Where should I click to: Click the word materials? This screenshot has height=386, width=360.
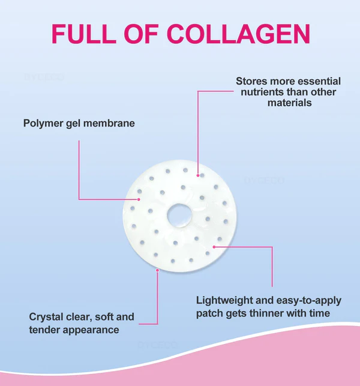click(290, 103)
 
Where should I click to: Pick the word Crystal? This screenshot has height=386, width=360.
click(46, 316)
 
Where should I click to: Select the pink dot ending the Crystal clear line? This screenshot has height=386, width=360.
click(157, 270)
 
